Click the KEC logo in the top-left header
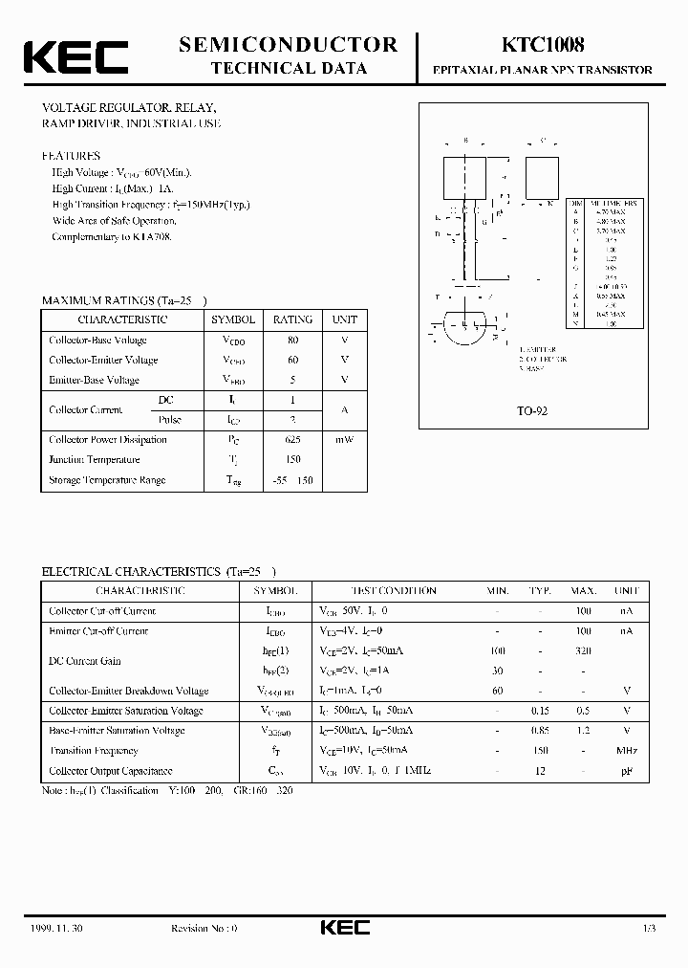pos(75,56)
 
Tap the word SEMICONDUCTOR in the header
pos(288,44)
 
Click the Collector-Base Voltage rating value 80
pos(292,340)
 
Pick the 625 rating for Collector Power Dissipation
pos(292,440)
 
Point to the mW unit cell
pos(344,440)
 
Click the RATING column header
pos(292,319)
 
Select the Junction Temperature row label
pos(95,460)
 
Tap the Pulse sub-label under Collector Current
pos(168,420)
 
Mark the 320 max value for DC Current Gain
pos(583,650)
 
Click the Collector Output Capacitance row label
pos(111,771)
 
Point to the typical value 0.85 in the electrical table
pos(540,731)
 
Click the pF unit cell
pos(626,771)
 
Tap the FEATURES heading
pos(71,155)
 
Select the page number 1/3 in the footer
pos(649,929)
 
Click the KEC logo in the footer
pos(343,929)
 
